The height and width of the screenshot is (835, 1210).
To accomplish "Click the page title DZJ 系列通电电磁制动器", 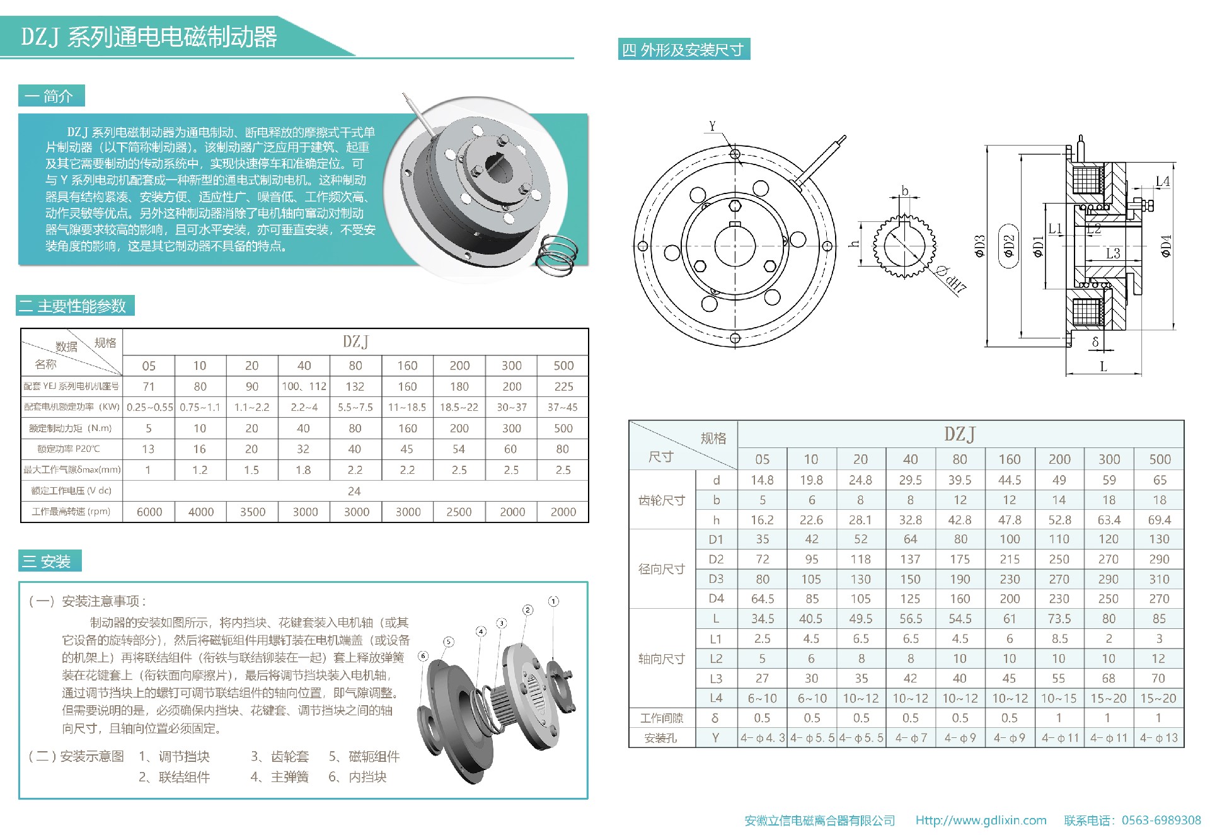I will pyautogui.click(x=149, y=37).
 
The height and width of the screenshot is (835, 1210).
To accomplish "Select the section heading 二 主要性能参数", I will pyautogui.click(x=74, y=306).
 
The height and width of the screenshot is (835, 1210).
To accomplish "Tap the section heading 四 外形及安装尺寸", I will pyautogui.click(x=684, y=50).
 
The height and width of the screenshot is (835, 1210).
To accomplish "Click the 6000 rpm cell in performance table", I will pyautogui.click(x=149, y=512).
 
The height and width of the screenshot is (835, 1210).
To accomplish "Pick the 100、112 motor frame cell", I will pyautogui.click(x=304, y=386).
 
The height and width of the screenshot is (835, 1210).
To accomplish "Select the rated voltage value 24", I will pyautogui.click(x=355, y=491).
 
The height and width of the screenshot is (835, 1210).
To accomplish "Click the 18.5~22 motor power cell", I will pyautogui.click(x=459, y=407).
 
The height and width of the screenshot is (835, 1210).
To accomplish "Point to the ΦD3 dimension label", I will pyautogui.click(x=979, y=246).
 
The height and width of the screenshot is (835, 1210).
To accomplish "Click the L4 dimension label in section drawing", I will pyautogui.click(x=1163, y=181).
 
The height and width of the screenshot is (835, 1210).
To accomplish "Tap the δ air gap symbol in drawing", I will pyautogui.click(x=1095, y=342).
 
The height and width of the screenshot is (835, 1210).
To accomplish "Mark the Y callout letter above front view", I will pyautogui.click(x=712, y=126).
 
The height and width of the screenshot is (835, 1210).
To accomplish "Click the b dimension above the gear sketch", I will pyautogui.click(x=905, y=190).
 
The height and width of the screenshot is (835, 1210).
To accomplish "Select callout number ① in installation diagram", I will pyautogui.click(x=553, y=601).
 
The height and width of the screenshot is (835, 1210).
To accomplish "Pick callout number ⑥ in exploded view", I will pyautogui.click(x=423, y=656).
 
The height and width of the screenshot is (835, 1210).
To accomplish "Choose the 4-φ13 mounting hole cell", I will pyautogui.click(x=1158, y=738).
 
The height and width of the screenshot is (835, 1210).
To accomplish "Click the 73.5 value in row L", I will pyautogui.click(x=1059, y=619).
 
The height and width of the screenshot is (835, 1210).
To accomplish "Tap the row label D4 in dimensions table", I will pyautogui.click(x=716, y=599).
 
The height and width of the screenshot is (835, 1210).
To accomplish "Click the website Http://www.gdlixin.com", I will pyautogui.click(x=981, y=821).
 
